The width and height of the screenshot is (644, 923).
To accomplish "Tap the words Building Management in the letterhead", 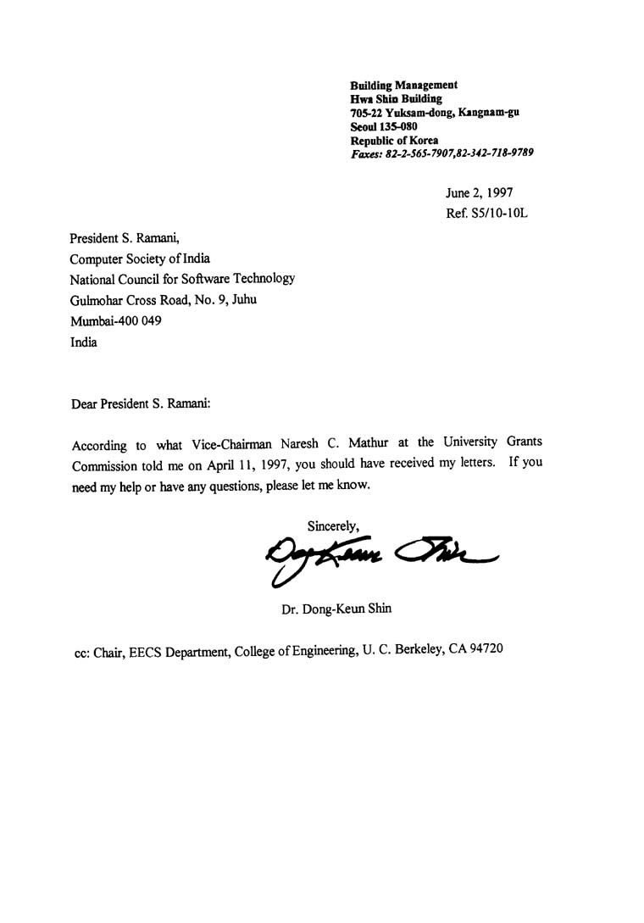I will [404, 85].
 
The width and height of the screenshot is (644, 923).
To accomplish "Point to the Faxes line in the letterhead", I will [441, 153].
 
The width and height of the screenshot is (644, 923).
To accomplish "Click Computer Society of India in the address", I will [140, 259].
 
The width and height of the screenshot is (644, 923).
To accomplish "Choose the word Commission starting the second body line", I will [103, 464].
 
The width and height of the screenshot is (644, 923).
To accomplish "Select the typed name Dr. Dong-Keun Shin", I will [336, 608].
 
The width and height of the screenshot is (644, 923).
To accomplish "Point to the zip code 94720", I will [487, 651].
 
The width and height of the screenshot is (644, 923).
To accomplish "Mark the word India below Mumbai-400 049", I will [83, 342].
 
